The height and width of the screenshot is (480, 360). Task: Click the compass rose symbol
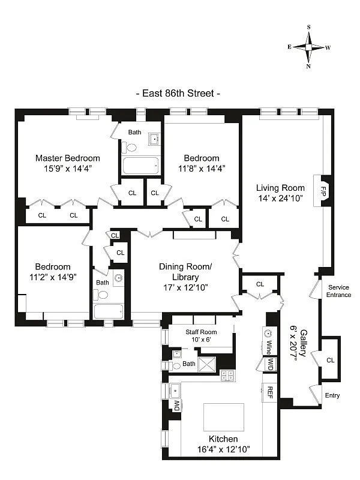tap(309, 47)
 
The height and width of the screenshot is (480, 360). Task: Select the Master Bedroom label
tap(67, 158)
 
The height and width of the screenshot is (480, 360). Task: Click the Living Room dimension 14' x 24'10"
tap(281, 198)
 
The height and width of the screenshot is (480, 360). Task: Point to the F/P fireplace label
tap(323, 191)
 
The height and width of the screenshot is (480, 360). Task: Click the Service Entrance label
tap(338, 291)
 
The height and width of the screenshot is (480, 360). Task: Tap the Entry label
tap(332, 395)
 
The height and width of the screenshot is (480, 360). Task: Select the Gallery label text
tap(304, 343)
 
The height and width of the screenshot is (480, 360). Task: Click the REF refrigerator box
tap(270, 394)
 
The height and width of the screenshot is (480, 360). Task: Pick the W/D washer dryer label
tap(270, 364)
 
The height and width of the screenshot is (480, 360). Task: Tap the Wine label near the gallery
tap(269, 348)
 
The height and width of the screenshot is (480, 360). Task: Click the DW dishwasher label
tap(176, 406)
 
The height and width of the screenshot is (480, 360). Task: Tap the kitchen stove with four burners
tap(227, 376)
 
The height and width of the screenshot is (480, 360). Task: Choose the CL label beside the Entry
tap(331, 359)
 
